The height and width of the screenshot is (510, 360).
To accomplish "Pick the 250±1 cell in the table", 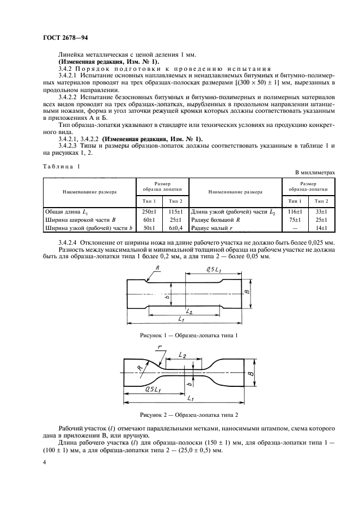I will tap(149, 211).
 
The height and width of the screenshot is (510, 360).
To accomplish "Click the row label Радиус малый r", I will tap(212, 228).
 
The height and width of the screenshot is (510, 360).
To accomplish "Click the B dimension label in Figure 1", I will tap(246, 293).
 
